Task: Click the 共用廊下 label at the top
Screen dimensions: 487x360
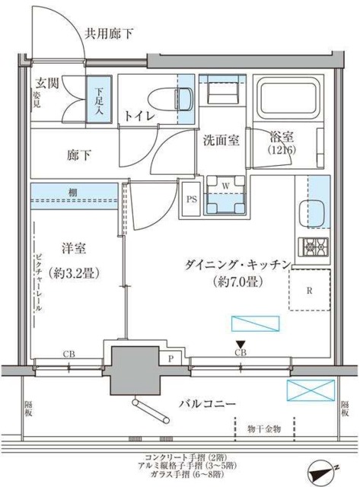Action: click(x=110, y=33)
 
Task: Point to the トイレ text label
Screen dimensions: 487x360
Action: click(x=140, y=115)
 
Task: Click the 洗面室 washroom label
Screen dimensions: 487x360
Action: click(x=221, y=140)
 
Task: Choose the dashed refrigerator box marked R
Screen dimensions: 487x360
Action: click(x=311, y=290)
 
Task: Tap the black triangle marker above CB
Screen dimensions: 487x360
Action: click(x=241, y=344)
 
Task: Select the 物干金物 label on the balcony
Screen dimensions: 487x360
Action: click(x=262, y=430)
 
